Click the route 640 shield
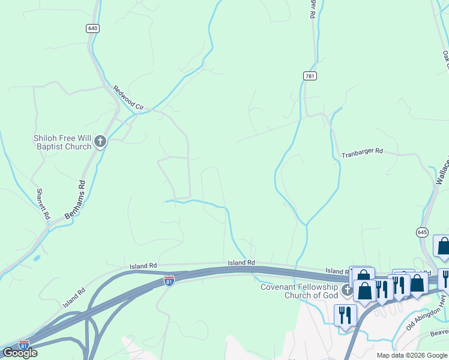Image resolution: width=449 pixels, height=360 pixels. (x=92, y=28)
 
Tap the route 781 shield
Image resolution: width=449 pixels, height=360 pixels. (x=309, y=76)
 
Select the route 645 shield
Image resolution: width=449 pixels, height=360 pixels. (x=422, y=232)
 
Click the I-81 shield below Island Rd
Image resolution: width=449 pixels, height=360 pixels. (x=170, y=281)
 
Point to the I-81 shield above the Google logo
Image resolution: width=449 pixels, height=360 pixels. (x=23, y=344)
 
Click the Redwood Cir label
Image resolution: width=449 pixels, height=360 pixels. (x=128, y=97)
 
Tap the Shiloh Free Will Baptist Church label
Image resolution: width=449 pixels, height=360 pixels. (x=62, y=142)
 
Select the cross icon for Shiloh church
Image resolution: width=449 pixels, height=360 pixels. (x=100, y=142)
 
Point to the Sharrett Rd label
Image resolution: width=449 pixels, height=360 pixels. (x=43, y=203)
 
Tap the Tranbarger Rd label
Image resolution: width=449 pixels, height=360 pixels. (x=362, y=153)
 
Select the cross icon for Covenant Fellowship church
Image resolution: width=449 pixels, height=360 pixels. (x=347, y=291)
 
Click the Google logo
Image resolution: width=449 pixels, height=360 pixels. (x=20, y=353)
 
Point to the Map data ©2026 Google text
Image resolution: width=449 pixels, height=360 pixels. (x=412, y=355)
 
